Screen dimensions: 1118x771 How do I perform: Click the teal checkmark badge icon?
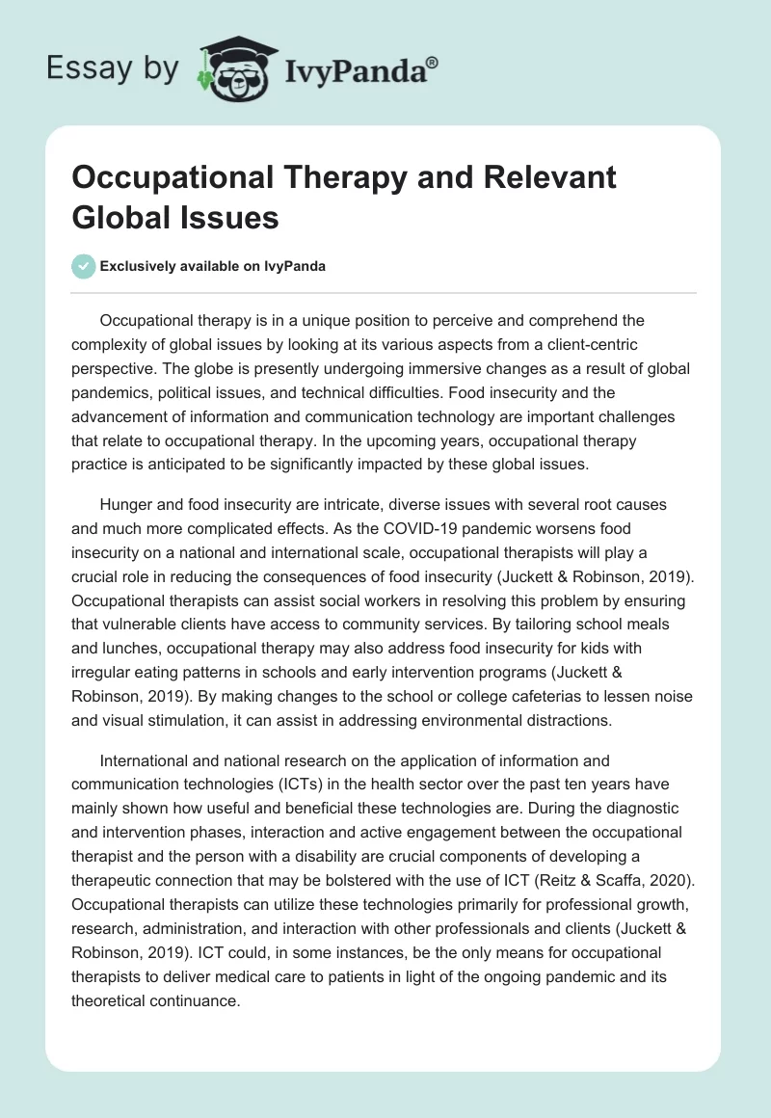coord(84,266)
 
